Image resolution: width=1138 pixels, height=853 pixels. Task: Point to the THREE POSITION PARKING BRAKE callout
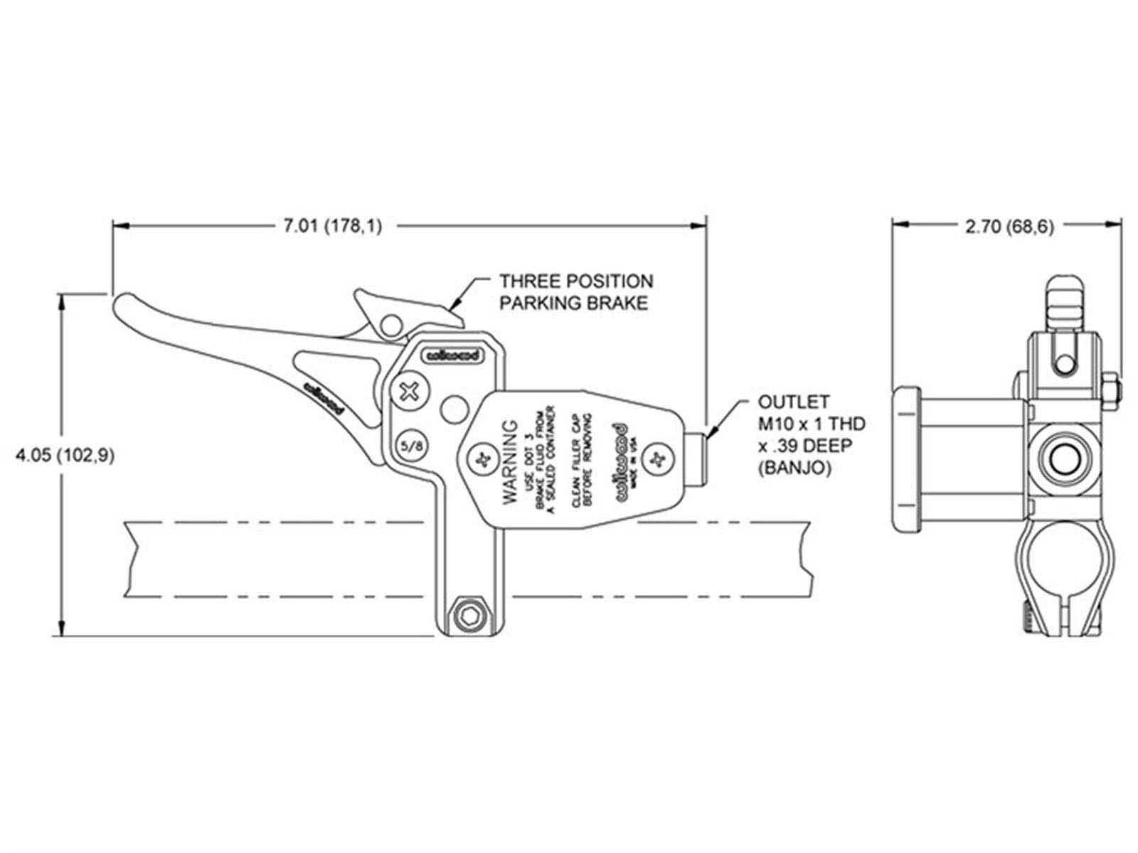[x=575, y=292]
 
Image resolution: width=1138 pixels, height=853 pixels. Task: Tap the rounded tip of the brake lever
[x=123, y=307]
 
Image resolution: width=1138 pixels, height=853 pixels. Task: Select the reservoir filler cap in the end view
[x=909, y=458]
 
